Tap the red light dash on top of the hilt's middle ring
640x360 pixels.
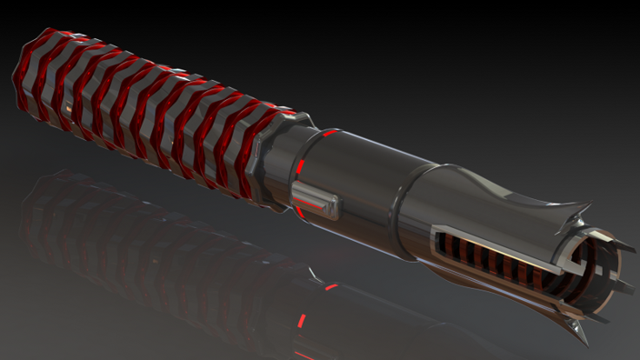click(x=330, y=133)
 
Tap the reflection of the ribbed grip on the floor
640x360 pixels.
click(x=136, y=227)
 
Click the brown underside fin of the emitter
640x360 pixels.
click(x=509, y=305)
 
